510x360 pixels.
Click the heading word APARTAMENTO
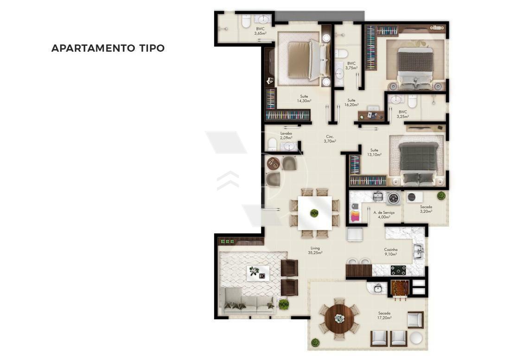click(x=93, y=48)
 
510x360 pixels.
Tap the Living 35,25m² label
click(x=315, y=250)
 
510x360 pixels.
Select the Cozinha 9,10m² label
click(x=390, y=252)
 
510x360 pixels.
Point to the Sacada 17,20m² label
click(x=384, y=316)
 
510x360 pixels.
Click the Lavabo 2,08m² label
click(x=286, y=135)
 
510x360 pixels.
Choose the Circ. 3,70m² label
click(x=330, y=139)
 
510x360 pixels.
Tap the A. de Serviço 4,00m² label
click(x=384, y=215)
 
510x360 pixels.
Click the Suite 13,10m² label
click(x=374, y=152)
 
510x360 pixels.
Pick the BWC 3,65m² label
click(x=260, y=31)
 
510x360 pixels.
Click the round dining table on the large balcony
click(x=339, y=318)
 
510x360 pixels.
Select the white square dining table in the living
click(x=315, y=213)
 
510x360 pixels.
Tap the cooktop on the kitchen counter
click(x=398, y=270)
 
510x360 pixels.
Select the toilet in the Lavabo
click(x=272, y=145)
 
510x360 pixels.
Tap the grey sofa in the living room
click(x=247, y=301)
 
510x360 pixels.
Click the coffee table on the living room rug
click(x=258, y=273)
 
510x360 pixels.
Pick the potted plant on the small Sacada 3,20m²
click(x=441, y=196)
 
